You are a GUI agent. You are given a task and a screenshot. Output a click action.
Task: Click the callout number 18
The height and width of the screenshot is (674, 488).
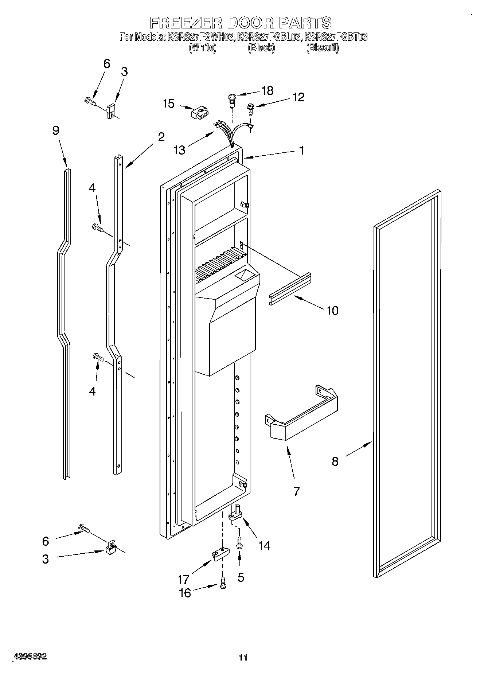pos(268,90)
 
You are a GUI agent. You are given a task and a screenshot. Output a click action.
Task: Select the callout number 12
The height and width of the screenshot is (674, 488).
pos(298,97)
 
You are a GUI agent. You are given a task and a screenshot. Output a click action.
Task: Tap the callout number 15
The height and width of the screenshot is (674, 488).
pos(169,104)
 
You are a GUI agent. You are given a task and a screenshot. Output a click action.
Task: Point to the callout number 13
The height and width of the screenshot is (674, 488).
pos(180,150)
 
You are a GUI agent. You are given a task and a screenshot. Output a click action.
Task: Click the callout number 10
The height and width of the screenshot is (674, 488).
pos(332,311)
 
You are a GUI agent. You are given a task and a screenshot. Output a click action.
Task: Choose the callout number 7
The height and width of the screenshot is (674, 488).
pos(296,491)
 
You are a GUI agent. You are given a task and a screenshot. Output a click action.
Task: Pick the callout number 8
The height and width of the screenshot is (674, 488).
pos(335,461)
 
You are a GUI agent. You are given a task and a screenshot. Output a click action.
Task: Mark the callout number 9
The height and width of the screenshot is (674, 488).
pos(55,130)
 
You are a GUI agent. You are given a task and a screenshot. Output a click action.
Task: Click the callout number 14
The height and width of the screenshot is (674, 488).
pos(264,545)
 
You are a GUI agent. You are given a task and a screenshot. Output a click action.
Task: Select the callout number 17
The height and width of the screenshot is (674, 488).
pos(183,579)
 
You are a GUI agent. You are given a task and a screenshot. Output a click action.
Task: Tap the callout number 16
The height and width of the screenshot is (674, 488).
pos(185,593)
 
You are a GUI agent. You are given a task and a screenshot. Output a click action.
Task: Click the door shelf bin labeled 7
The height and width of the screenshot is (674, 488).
pos(302,416)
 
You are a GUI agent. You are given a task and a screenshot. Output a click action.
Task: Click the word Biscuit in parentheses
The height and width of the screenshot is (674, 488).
pos(323,48)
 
